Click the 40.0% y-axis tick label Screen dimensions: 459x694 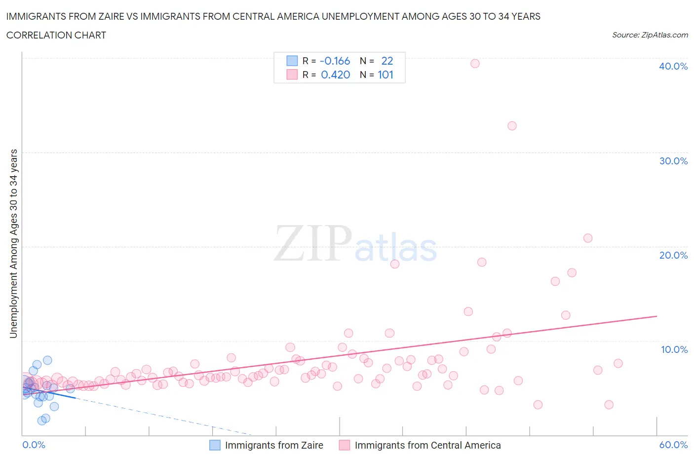coord(673,66)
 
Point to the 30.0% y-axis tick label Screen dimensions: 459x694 coord(673,161)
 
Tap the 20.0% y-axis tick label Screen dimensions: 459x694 coord(673,255)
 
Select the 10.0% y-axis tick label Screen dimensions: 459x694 coord(674,349)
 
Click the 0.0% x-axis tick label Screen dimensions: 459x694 coord(34,445)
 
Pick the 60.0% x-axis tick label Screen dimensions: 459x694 coord(673,445)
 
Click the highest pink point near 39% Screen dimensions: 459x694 coord(475,63)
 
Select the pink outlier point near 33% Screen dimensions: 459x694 coord(512,126)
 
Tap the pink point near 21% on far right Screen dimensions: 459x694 coord(587,238)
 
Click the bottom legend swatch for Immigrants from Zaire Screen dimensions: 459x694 coord(215,445)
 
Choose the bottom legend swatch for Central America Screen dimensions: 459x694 coord(345,445)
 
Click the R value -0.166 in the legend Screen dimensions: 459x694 coord(335,61)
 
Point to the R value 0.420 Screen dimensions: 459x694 coord(335,75)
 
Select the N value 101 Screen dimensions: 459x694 coord(386,75)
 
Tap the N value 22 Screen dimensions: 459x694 coord(387,61)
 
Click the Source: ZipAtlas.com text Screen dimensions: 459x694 coord(650,35)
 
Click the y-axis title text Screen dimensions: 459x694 coord(13,243)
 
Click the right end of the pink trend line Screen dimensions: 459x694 coord(656,316)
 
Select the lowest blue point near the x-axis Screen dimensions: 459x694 coord(42,421)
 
